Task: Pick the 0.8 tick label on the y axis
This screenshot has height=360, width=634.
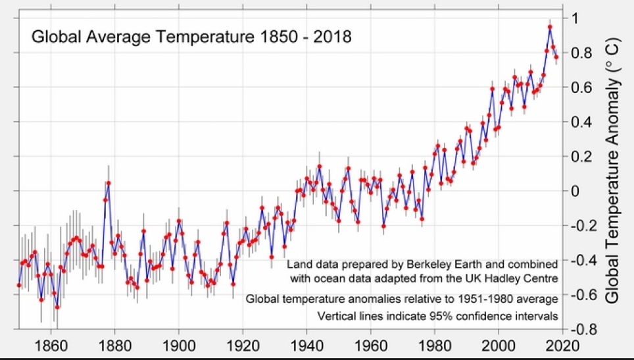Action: (x=583, y=53)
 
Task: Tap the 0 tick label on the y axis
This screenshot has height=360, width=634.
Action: (x=576, y=191)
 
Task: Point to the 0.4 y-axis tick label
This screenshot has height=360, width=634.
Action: (x=583, y=122)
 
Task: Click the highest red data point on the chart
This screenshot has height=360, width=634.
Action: (x=550, y=27)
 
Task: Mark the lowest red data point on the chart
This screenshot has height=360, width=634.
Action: (x=57, y=307)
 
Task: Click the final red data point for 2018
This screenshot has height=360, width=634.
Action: (x=556, y=57)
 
